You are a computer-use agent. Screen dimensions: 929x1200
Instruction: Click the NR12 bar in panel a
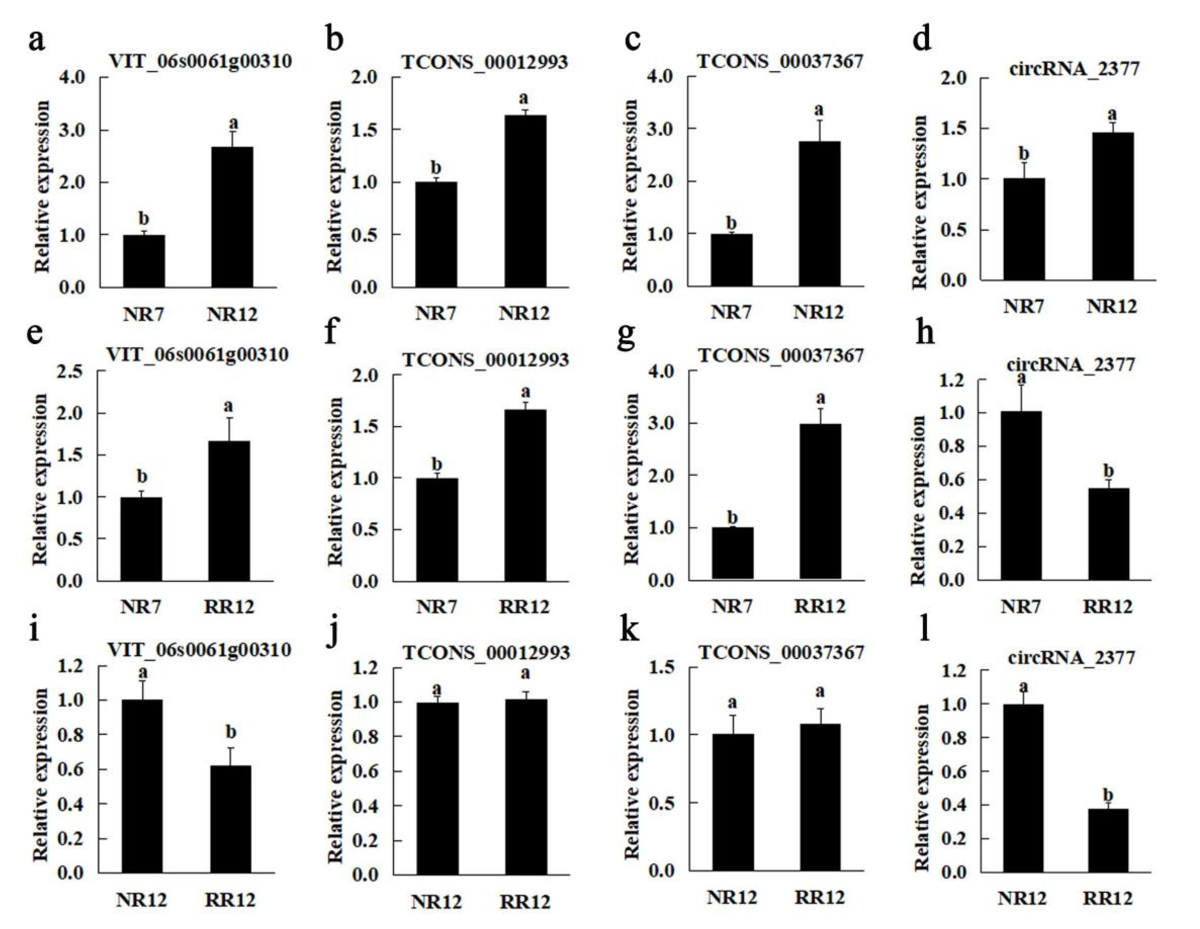(232, 217)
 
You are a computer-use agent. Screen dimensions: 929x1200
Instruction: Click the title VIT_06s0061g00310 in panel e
(197, 354)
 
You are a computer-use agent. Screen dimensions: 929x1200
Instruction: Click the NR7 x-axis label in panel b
(436, 313)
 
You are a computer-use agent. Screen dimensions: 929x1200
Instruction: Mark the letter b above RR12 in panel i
(231, 732)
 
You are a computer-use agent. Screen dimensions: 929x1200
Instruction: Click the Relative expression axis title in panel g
(632, 478)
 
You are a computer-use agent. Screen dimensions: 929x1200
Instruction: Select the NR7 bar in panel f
(437, 530)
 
